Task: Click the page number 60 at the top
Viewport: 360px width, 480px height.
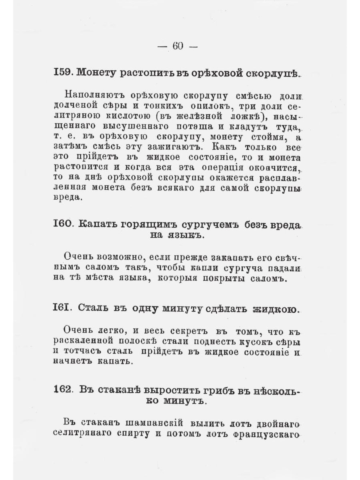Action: [x=178, y=46]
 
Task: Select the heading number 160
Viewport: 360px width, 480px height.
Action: [x=63, y=224]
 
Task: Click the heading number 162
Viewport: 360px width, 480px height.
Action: [x=62, y=390]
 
